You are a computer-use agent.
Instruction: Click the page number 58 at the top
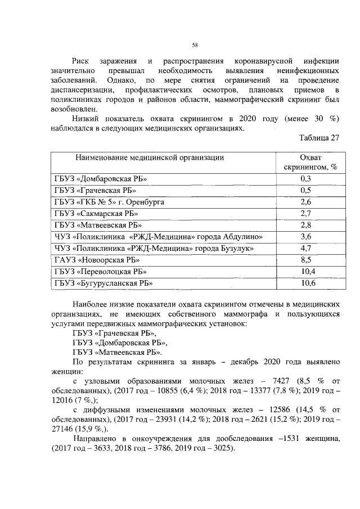pyautogui.click(x=194, y=46)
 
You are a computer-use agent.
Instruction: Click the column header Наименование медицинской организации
pyautogui.click(x=150, y=157)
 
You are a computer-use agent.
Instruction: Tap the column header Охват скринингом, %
pyautogui.click(x=307, y=162)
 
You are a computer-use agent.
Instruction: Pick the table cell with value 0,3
pyautogui.click(x=307, y=179)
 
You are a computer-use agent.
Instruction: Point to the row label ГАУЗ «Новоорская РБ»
pyautogui.click(x=97, y=260)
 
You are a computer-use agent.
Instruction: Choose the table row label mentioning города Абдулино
pyautogui.click(x=159, y=237)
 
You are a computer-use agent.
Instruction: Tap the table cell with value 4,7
pyautogui.click(x=307, y=248)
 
